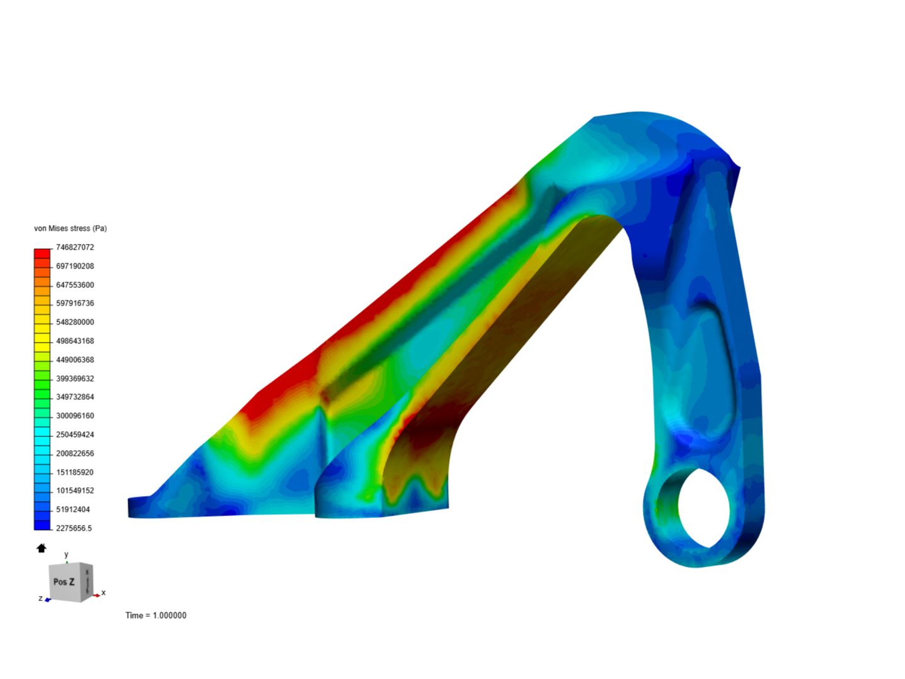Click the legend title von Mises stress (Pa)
point(70,228)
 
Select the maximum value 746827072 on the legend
point(75,247)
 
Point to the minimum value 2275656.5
point(74,528)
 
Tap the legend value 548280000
point(75,322)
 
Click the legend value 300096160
point(75,416)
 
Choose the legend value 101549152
point(75,490)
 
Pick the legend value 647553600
point(75,285)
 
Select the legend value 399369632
point(75,378)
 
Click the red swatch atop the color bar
point(42,253)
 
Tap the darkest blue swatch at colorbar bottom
point(42,525)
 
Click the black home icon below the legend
point(41,548)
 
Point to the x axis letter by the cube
point(104,593)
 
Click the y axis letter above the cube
point(66,555)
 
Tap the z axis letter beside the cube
point(40,598)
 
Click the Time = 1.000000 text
point(156,616)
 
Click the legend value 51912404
point(73,509)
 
